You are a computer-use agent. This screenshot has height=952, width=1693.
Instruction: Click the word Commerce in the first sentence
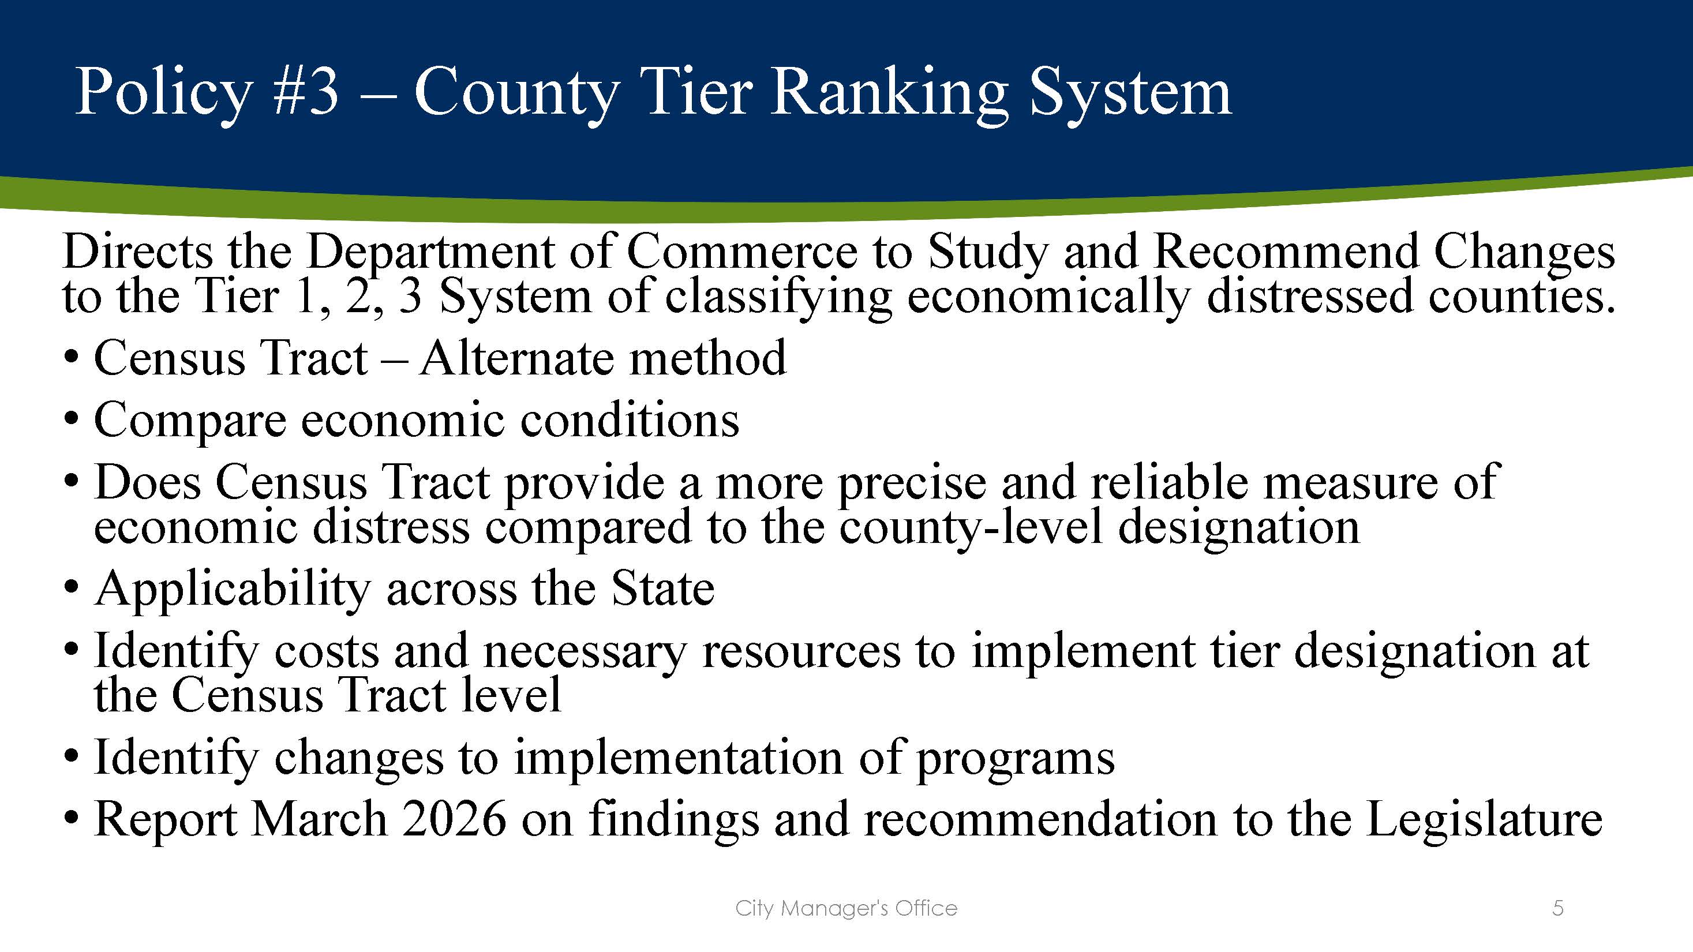742,252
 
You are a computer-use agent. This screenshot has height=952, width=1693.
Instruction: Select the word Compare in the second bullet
190,421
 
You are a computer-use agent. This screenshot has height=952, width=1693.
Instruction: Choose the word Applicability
233,589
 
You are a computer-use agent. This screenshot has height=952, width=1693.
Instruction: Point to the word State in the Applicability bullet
662,589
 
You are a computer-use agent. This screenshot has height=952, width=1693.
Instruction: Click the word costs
326,651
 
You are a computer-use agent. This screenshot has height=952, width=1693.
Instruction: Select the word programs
1015,758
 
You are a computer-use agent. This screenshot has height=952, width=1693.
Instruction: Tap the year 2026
454,819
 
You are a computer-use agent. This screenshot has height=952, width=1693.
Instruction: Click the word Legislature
1484,819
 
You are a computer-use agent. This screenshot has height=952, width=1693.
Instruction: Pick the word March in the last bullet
320,819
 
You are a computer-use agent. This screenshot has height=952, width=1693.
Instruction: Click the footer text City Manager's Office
846,908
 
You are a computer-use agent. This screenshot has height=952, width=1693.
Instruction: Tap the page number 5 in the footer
1557,908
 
